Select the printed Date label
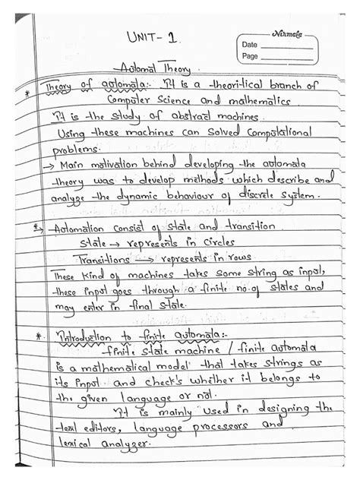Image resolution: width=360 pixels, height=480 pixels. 250,45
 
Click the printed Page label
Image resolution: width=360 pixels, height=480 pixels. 251,56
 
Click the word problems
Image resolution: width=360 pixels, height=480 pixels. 58,150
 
